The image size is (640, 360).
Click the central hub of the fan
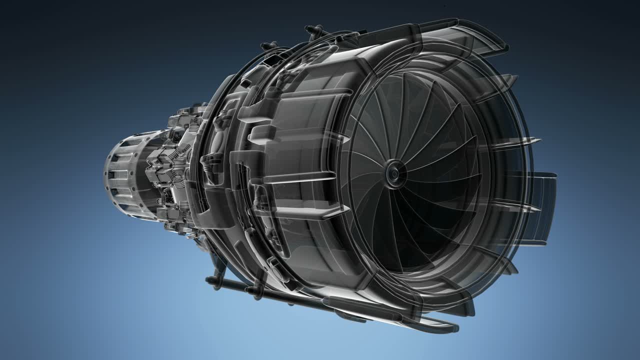tap(394, 173)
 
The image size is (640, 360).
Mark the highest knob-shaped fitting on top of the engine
tap(313, 30)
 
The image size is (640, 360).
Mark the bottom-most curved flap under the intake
tap(440, 325)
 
